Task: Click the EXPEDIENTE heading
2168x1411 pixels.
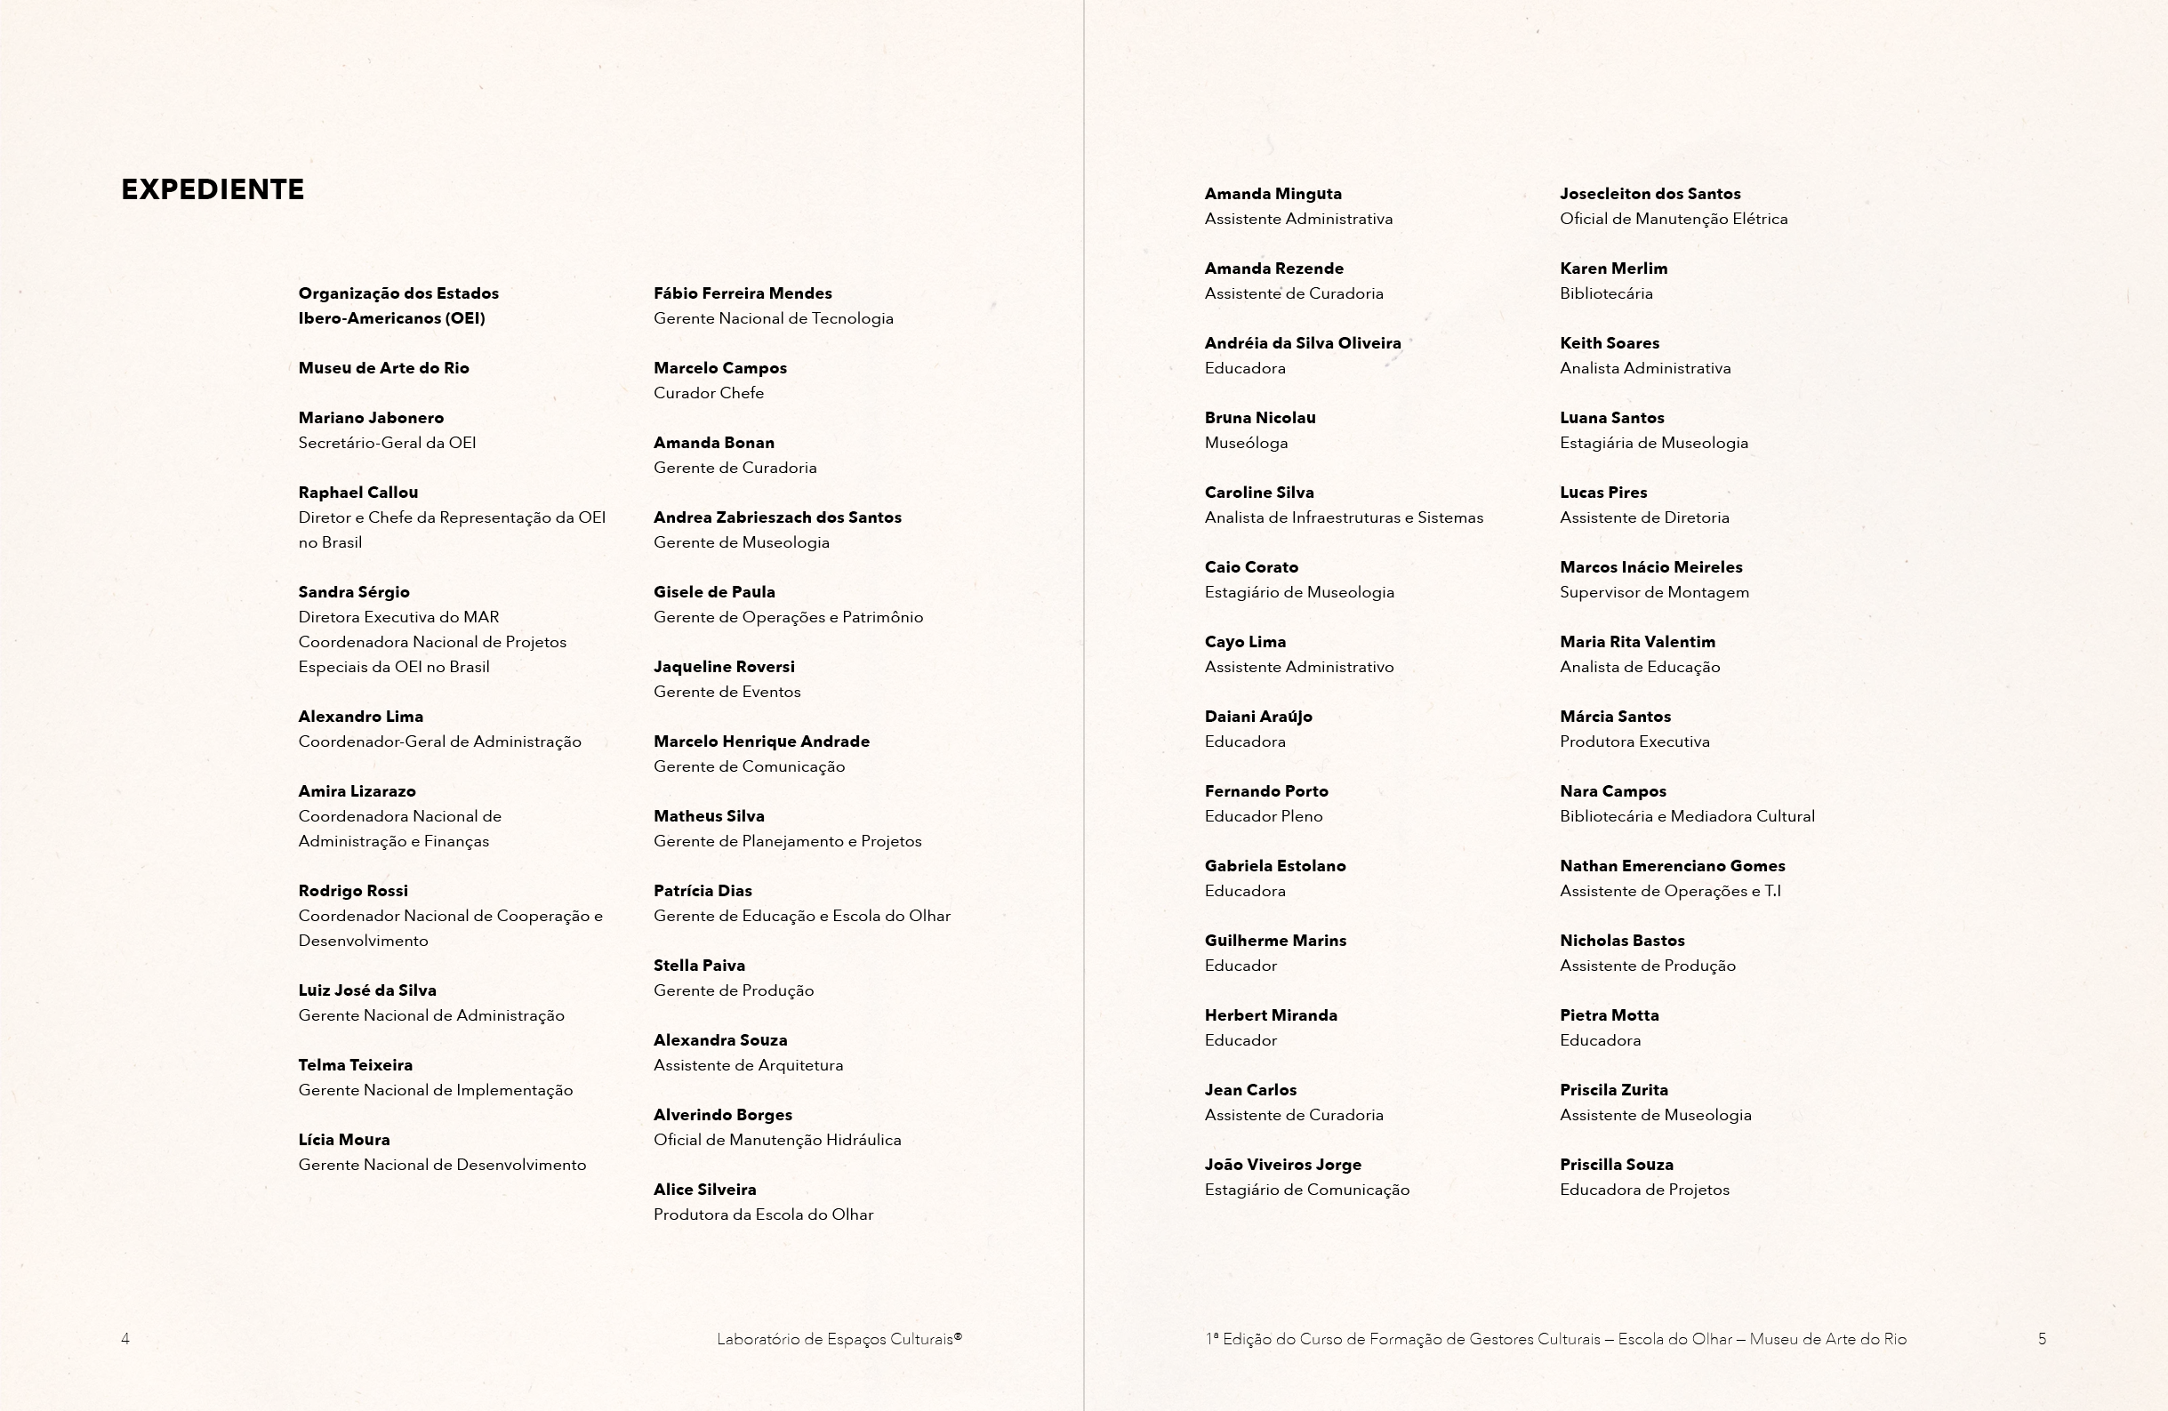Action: click(213, 189)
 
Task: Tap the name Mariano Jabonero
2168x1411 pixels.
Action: click(371, 418)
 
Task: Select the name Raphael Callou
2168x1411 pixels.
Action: click(358, 493)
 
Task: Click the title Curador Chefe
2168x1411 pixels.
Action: click(709, 394)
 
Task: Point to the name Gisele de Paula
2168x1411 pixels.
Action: click(714, 592)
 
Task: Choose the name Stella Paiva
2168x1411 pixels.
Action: click(699, 966)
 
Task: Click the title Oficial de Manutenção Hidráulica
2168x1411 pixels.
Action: click(777, 1141)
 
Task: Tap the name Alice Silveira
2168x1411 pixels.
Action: click(704, 1190)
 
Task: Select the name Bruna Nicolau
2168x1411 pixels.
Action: click(1260, 418)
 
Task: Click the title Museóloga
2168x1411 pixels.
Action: click(1246, 444)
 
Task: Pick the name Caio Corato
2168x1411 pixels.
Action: click(1250, 567)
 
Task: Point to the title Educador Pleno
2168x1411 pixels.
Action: click(1264, 817)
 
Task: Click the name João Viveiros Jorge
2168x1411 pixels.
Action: click(1282, 1165)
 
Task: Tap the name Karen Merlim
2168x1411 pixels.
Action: click(1613, 269)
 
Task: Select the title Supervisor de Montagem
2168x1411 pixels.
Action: click(1654, 593)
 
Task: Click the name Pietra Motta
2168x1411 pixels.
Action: click(1609, 1015)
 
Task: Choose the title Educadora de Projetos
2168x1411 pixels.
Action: click(1644, 1191)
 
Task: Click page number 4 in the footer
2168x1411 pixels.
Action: click(125, 1339)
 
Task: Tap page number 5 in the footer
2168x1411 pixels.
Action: click(2043, 1339)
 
